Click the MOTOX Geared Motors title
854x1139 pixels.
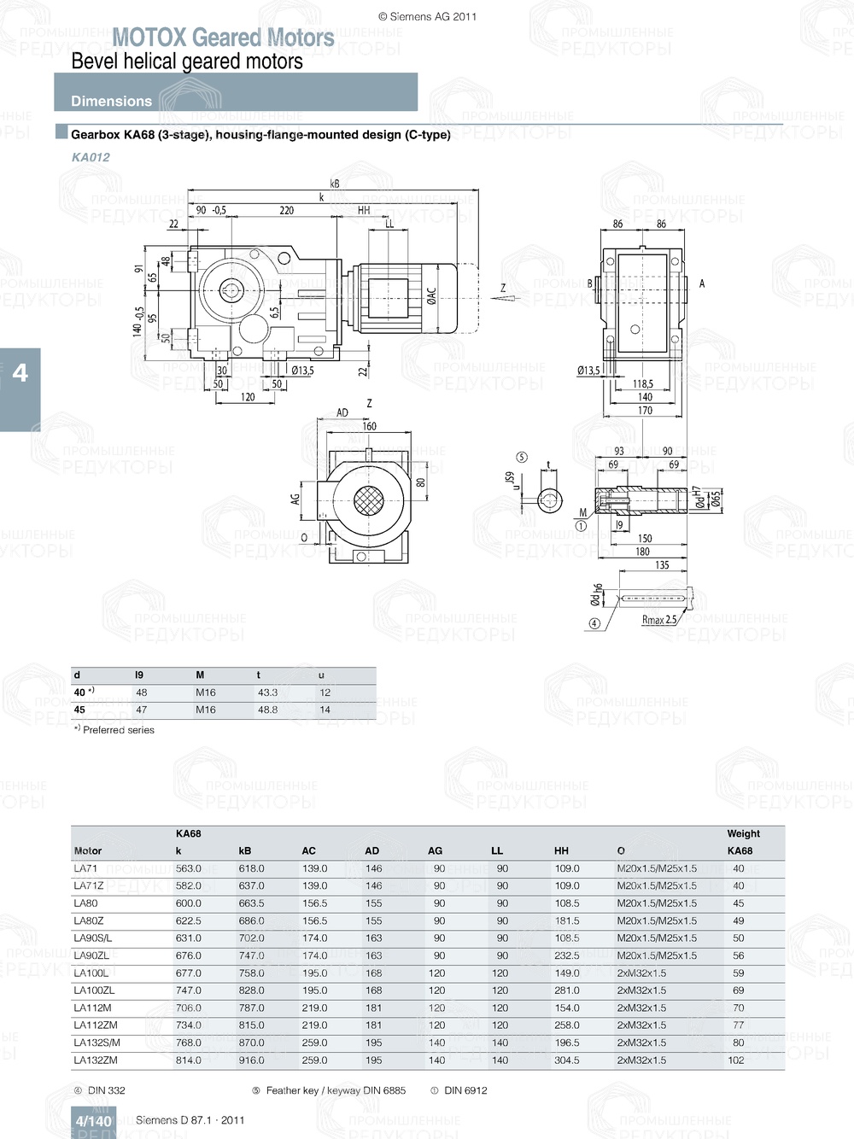(x=223, y=38)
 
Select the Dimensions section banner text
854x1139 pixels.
(x=111, y=101)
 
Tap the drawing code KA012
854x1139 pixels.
(x=91, y=157)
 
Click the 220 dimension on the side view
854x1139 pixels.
(x=286, y=210)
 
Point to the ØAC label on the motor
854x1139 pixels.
(x=431, y=295)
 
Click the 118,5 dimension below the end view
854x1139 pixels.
(x=643, y=384)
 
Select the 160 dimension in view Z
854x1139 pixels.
(x=369, y=426)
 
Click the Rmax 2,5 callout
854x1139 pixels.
(x=658, y=620)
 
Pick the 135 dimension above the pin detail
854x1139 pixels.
(x=662, y=565)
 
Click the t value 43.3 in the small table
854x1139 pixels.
(x=267, y=692)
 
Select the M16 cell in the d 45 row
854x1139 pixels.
(x=206, y=710)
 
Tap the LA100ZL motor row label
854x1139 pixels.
(x=94, y=990)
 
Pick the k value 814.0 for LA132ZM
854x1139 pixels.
(x=188, y=1060)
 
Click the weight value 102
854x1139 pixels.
(x=736, y=1060)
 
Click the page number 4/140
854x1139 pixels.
(x=93, y=1121)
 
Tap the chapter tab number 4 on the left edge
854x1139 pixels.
(x=20, y=373)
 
